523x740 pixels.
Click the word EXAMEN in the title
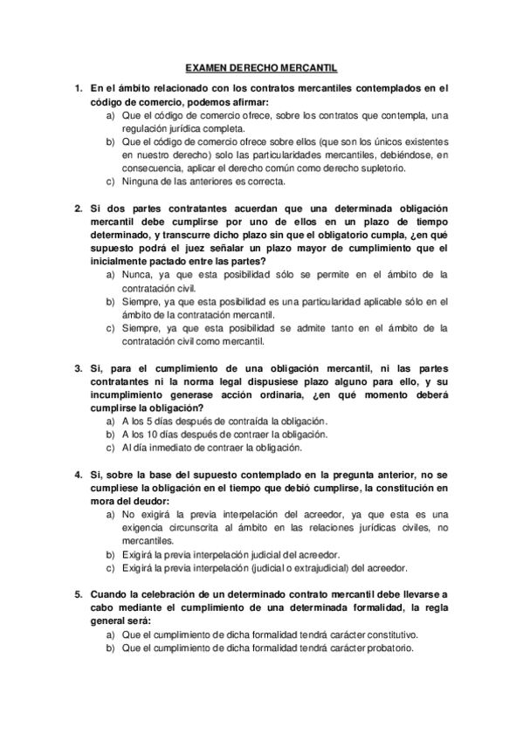(206, 67)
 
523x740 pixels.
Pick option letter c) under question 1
(110, 182)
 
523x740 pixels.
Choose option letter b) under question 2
(110, 302)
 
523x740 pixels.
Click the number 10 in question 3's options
(155, 435)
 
